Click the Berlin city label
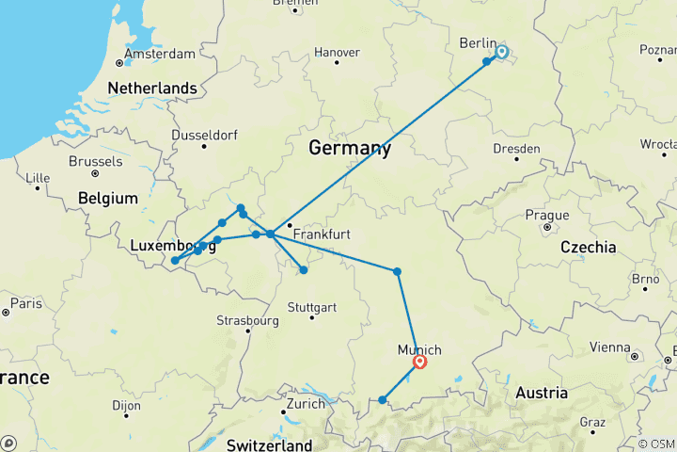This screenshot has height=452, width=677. pos(478,42)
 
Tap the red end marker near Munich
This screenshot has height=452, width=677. pos(420,362)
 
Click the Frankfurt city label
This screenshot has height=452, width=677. pos(322,234)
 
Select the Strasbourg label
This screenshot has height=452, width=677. pos(248,319)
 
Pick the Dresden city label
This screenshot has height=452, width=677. pos(517,149)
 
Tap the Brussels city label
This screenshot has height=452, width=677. pos(95,161)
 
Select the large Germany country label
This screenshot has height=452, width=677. pos(350,149)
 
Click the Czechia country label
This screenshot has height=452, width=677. pos(588,247)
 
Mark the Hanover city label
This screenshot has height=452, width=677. pos(337,52)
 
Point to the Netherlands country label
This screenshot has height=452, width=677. pos(152,89)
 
